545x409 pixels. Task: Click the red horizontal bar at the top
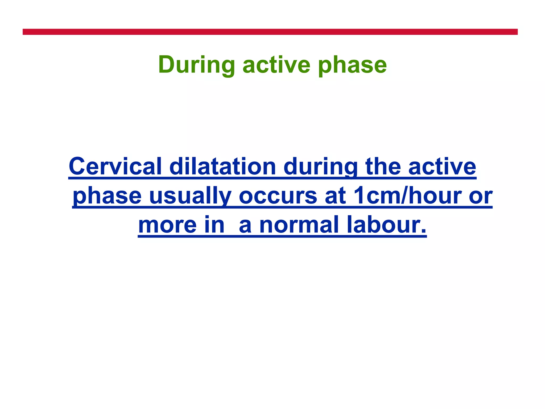coord(270,32)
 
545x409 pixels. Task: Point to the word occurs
coord(278,196)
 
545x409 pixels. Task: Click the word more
coord(167,225)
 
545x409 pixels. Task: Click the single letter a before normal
coord(245,226)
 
